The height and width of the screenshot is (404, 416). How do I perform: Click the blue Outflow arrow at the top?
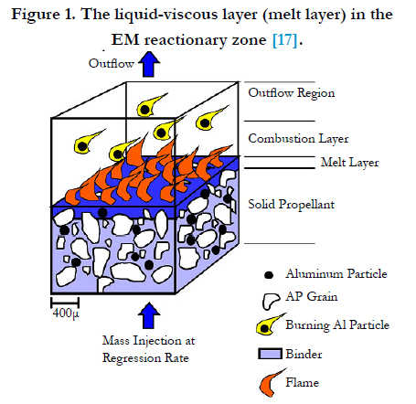[149, 64]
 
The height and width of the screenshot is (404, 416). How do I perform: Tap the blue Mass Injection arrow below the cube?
[149, 315]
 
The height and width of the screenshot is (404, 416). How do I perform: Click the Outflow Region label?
[292, 93]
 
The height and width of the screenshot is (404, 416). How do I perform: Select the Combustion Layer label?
[298, 139]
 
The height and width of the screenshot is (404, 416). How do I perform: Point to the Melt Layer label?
[349, 163]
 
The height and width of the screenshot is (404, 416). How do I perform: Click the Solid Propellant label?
[291, 205]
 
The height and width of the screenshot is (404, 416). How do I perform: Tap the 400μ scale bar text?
[66, 313]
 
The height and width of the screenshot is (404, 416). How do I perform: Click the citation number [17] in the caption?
[285, 39]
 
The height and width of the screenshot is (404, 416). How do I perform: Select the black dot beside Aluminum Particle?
[269, 275]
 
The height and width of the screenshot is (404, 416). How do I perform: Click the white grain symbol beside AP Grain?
[270, 301]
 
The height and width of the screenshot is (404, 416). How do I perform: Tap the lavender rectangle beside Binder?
[270, 354]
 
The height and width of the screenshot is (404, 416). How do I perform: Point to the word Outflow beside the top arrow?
[112, 63]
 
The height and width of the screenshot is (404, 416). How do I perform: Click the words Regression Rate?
[145, 357]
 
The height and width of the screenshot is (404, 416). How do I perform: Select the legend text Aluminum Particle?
[336, 273]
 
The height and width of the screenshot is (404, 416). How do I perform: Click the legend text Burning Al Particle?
[337, 325]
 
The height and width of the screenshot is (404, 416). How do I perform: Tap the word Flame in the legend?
[302, 382]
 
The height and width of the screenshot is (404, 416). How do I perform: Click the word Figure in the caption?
[36, 16]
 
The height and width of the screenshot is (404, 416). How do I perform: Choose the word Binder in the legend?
[304, 354]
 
